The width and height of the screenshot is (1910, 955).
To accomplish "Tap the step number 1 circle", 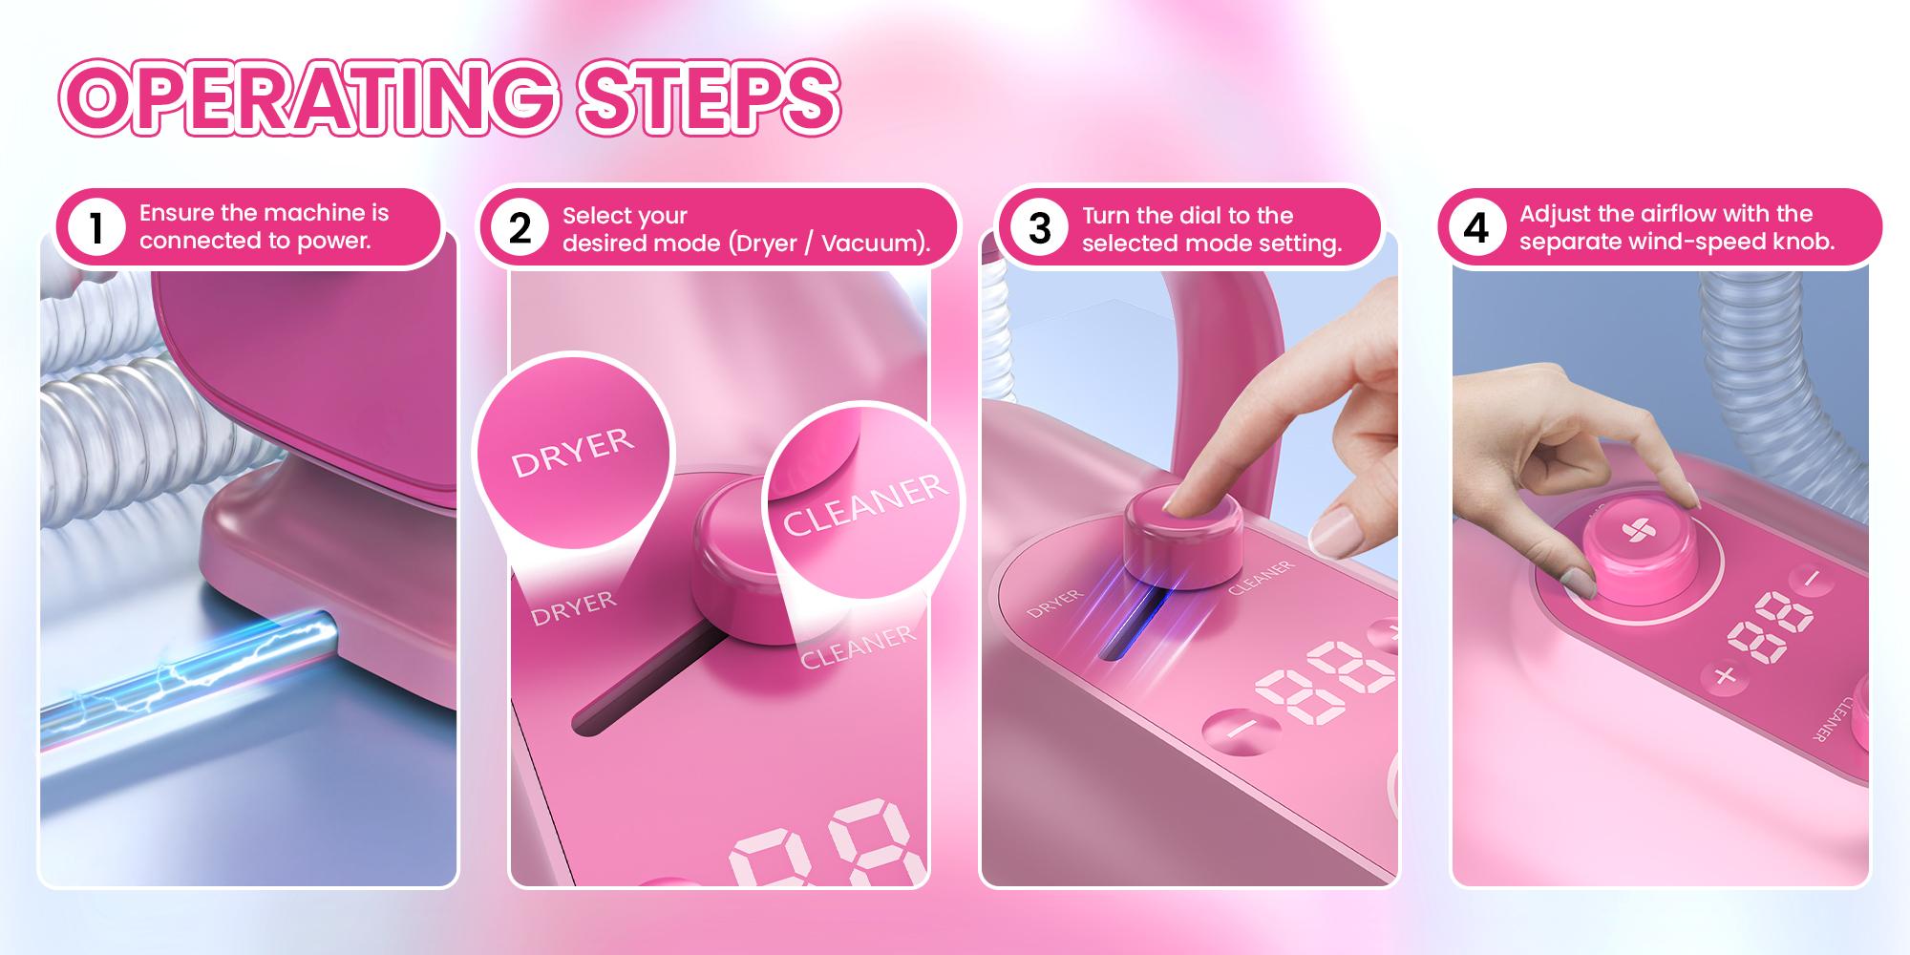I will [95, 228].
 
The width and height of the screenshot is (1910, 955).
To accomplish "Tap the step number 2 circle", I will [519, 229].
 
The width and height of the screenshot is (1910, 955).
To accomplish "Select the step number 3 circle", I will [1039, 229].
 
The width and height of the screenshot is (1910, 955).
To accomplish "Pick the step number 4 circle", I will [1476, 228].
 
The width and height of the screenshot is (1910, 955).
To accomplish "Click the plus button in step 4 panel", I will [1724, 676].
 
